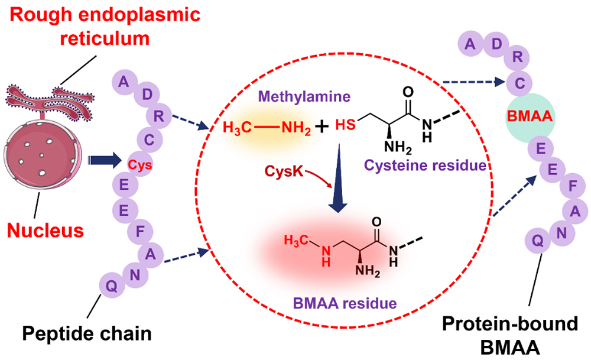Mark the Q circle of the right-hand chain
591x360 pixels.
pos(537,239)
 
